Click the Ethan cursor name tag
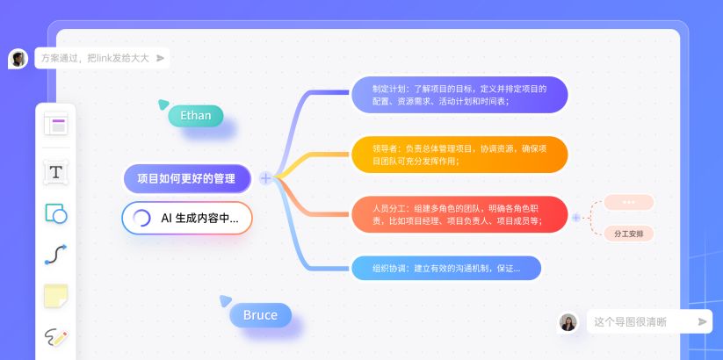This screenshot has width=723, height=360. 195,115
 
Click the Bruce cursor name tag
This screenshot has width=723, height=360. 260,315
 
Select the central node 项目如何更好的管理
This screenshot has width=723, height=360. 186,178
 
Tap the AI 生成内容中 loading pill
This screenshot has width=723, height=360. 187,218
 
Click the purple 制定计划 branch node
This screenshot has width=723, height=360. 459,95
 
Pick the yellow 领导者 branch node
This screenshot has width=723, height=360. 459,155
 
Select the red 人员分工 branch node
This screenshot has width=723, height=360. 459,214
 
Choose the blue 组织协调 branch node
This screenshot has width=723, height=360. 446,268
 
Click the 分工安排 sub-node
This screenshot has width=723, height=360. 628,234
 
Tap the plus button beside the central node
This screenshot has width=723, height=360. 265,178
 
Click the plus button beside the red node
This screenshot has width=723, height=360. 576,217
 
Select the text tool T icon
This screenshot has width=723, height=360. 56,172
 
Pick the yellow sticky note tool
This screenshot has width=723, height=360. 56,297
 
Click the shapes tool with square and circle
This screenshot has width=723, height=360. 56,213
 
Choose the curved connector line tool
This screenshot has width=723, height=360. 56,255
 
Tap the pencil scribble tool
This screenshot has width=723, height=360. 56,336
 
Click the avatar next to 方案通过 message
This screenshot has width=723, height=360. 18,58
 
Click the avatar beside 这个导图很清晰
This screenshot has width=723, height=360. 568,322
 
